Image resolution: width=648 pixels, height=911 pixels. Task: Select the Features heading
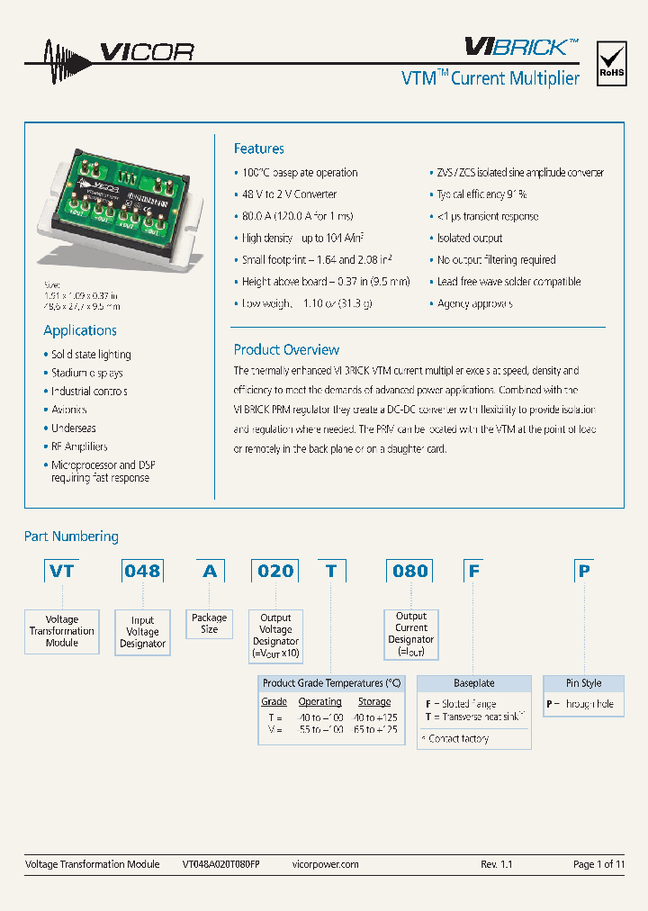[x=258, y=149]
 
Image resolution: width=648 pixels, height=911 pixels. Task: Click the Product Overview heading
[x=286, y=349]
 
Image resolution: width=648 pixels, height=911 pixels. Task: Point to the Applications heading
[x=80, y=330]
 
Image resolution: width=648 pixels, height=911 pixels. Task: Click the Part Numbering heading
[x=71, y=537]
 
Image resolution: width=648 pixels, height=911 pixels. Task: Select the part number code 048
[x=142, y=571]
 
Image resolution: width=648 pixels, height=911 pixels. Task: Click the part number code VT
[x=61, y=571]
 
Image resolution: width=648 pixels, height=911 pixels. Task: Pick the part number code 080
[x=410, y=571]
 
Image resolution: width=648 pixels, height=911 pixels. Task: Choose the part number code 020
[x=275, y=571]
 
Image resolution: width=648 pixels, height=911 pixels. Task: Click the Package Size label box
[x=210, y=624]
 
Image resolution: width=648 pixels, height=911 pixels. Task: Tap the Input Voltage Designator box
[x=142, y=632]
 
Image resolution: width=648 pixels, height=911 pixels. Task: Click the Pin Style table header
[x=583, y=683]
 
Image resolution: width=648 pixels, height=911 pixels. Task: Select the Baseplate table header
[x=473, y=683]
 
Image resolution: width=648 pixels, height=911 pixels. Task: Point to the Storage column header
[x=374, y=701]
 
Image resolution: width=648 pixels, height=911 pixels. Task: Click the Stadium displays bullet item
[x=87, y=373]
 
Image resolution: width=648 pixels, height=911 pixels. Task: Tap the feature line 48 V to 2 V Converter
[x=289, y=194]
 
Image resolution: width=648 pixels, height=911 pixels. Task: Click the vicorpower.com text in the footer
[x=326, y=864]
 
